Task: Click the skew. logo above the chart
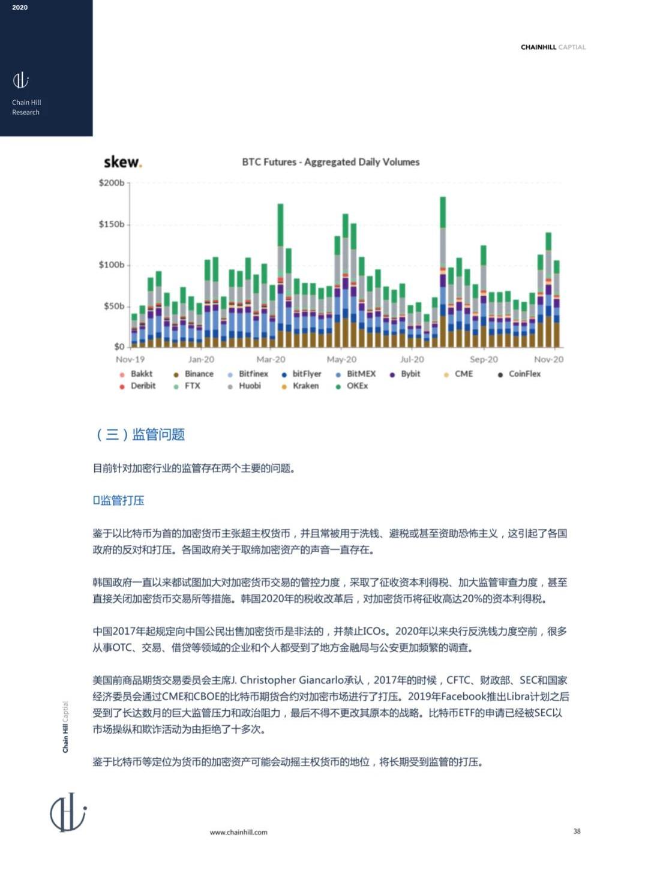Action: click(x=122, y=162)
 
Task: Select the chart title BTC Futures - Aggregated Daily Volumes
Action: click(x=331, y=162)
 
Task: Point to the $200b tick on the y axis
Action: click(x=112, y=183)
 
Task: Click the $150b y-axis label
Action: click(x=112, y=224)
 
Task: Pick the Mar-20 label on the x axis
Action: click(x=271, y=359)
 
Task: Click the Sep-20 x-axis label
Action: click(x=484, y=359)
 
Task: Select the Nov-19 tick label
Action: click(x=130, y=359)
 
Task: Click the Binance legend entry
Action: click(x=199, y=374)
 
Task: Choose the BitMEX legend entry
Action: click(x=361, y=374)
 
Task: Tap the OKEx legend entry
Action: click(x=357, y=386)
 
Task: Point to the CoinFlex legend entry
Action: click(x=524, y=374)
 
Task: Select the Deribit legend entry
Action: click(x=143, y=386)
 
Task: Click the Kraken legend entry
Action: click(x=305, y=386)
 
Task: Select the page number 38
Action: click(x=577, y=831)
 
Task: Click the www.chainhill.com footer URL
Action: click(x=238, y=832)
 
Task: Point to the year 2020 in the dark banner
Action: click(x=20, y=8)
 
